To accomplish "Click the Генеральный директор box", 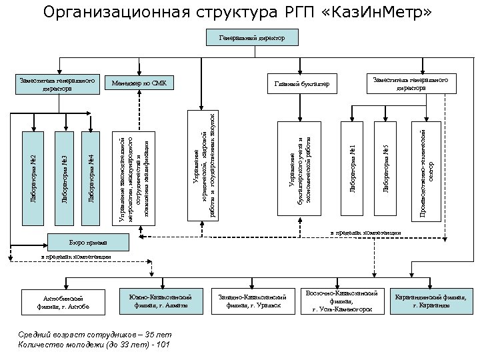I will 252,38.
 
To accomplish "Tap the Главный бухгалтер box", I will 302,84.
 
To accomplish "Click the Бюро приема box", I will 83,241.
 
